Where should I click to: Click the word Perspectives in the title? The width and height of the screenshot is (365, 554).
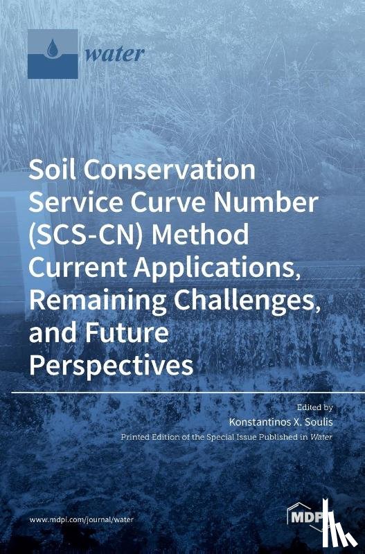coord(111,365)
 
